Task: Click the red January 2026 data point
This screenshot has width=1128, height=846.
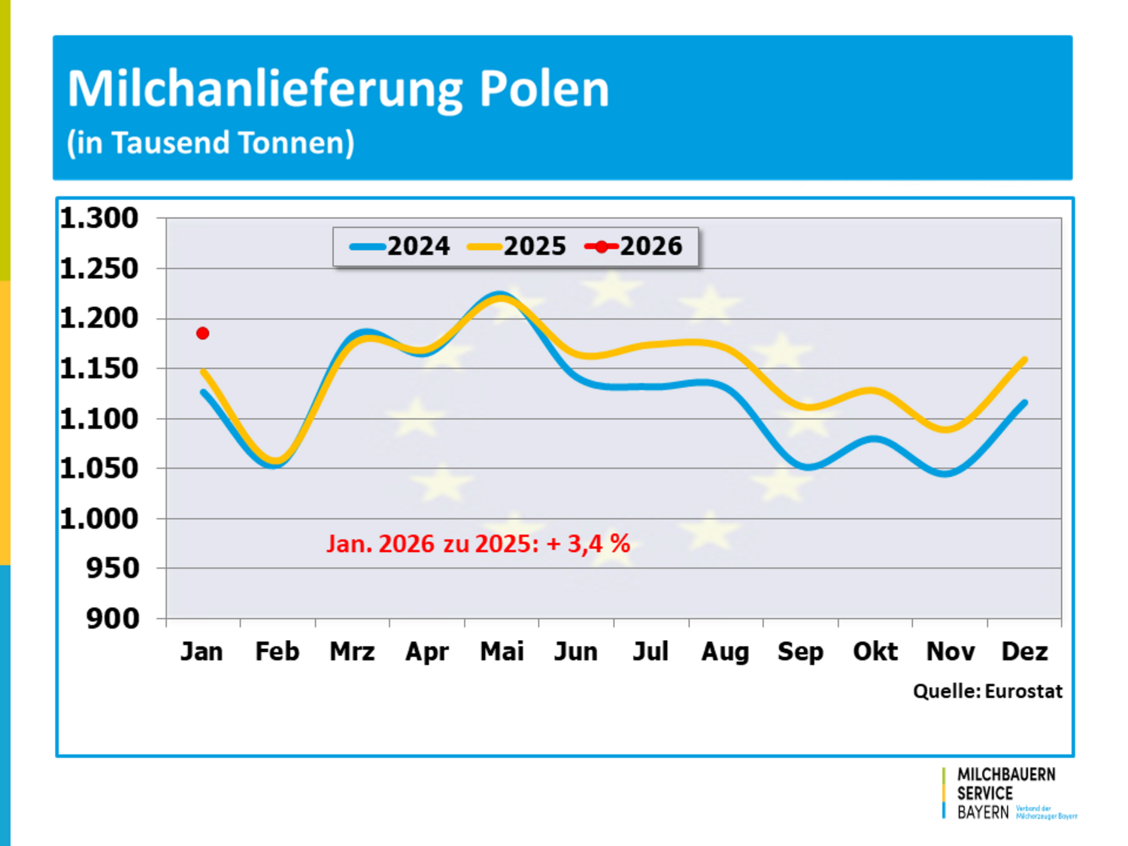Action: [x=202, y=333]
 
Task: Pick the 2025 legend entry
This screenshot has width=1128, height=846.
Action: [x=517, y=246]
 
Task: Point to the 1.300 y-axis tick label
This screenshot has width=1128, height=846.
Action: [x=99, y=218]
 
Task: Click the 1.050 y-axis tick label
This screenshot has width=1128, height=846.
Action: [x=99, y=468]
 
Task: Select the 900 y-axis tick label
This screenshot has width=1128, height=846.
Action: [x=113, y=619]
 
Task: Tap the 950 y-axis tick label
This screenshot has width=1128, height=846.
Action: [x=113, y=569]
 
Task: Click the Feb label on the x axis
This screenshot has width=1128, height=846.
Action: [x=277, y=651]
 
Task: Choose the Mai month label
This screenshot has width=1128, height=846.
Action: [x=502, y=651]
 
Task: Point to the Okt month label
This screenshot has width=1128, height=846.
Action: [x=875, y=651]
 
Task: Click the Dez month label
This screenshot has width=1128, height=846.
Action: [x=1024, y=651]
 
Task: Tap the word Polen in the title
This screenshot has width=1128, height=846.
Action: [x=544, y=89]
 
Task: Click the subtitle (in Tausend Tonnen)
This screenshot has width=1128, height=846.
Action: [x=211, y=143]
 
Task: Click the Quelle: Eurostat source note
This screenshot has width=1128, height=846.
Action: [x=987, y=691]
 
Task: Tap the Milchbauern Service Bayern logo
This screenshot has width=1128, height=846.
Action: [x=1005, y=793]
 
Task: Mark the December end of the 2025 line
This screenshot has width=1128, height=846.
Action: [x=1024, y=360]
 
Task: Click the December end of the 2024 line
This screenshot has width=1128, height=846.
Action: [x=1024, y=403]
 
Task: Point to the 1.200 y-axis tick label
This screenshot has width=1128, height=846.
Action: [x=99, y=318]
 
